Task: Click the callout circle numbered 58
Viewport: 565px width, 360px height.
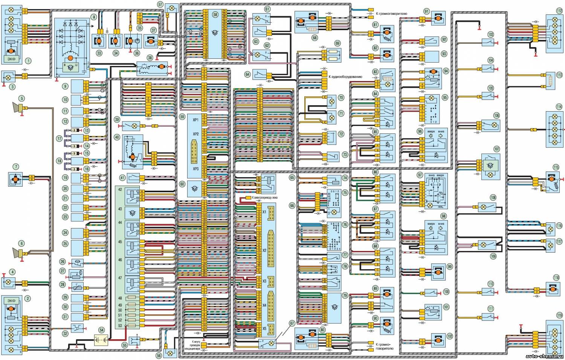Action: point(215,15)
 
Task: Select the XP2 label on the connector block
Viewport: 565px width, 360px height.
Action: point(195,134)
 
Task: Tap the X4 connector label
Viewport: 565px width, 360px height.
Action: point(264,305)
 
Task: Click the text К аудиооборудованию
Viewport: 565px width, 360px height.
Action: point(345,77)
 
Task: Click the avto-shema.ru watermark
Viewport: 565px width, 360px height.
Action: point(544,356)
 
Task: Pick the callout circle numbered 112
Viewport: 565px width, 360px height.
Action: point(559,11)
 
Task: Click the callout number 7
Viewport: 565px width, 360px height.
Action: point(15,166)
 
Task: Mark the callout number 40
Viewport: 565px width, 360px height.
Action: point(117,138)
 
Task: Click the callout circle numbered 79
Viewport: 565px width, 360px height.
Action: point(345,296)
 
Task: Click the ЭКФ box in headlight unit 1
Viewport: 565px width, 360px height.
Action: point(11,59)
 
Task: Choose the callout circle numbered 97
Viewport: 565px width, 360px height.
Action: point(420,175)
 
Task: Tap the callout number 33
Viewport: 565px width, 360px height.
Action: point(99,53)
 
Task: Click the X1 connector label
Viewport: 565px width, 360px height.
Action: point(264,212)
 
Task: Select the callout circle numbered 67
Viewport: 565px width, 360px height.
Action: point(292,323)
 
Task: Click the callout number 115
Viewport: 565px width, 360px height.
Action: point(556,167)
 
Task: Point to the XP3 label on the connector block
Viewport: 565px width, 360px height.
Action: point(195,169)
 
